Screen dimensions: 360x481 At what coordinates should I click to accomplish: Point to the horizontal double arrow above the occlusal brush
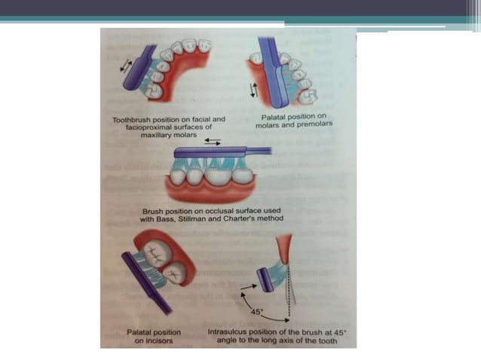tap(212, 141)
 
